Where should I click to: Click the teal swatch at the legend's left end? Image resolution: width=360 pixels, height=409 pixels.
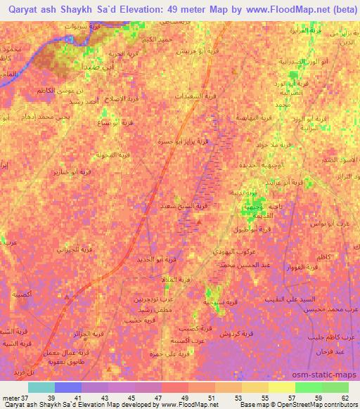click(x=41, y=387)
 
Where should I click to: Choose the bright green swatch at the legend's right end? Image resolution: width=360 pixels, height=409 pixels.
click(x=335, y=387)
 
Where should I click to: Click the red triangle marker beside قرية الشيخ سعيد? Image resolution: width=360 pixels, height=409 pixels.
click(x=200, y=223)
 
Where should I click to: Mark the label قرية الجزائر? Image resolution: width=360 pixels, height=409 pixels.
click(x=92, y=333)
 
